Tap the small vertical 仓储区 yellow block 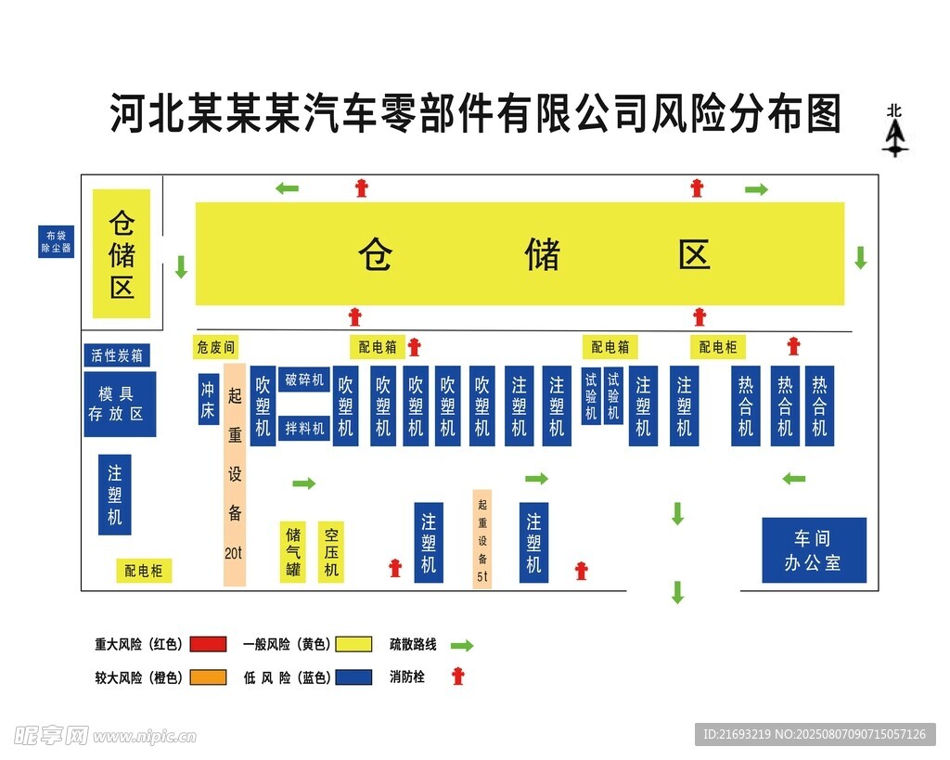122,254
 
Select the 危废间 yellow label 215,347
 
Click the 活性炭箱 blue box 117,355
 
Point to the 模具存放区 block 120,404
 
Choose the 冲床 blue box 209,399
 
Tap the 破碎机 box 304,380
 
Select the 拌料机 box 304,428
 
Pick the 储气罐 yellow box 293,551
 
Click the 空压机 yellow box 331,551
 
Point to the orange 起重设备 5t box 482,539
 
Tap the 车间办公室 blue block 814,550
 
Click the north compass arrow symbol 894,135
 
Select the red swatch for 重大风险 208,644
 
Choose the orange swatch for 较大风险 208,677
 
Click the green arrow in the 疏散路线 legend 462,645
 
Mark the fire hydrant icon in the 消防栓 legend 456,676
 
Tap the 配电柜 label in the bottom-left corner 144,571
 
